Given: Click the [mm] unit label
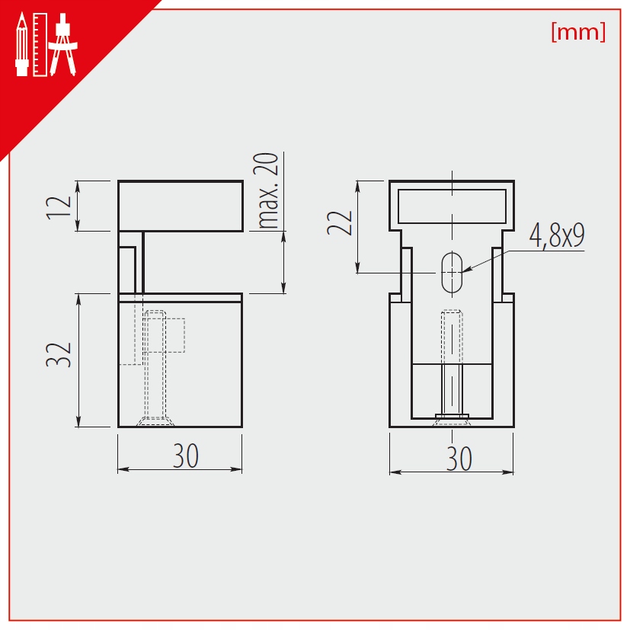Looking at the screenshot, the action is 578,32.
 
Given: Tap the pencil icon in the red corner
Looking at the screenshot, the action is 21,45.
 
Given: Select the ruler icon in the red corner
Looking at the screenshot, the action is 40,45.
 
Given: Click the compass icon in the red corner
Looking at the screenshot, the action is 62,45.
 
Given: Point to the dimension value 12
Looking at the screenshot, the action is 59,207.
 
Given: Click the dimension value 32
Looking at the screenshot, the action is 59,355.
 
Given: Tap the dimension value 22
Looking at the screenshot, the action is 340,223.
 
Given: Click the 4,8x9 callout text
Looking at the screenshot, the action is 557,235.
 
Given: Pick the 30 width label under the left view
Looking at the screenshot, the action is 186,456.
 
